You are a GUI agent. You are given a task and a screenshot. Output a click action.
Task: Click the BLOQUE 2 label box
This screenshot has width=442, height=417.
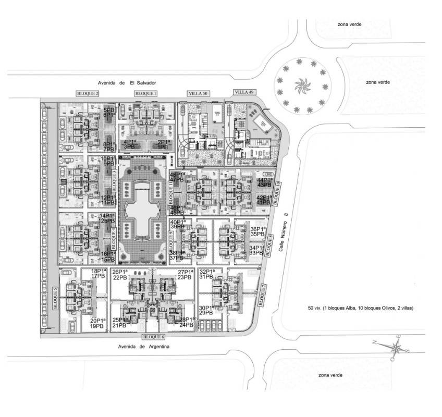coord(88,93)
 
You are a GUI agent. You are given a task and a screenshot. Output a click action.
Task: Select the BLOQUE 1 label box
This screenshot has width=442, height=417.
coord(146,93)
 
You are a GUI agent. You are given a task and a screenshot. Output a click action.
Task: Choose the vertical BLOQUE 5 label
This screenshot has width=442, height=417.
coord(55,299)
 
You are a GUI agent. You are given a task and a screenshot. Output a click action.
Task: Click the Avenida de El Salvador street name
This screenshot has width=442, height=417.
coord(127,83)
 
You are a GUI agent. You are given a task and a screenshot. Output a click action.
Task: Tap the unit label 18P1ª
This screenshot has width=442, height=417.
coord(99,271)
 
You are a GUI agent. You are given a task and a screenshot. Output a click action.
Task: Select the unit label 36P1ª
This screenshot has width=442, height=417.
coord(258,229)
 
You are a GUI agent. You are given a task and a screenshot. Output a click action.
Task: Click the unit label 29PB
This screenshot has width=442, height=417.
coord(205,313)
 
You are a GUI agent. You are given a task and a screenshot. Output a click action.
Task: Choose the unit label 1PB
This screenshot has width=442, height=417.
coord(162,147)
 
